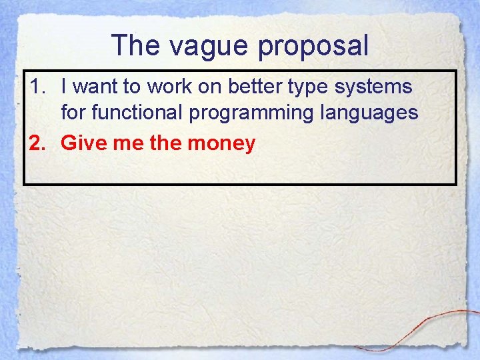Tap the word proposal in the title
coord(313,46)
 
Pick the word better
coord(259,86)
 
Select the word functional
coord(137,113)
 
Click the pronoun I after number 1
coord(64,86)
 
